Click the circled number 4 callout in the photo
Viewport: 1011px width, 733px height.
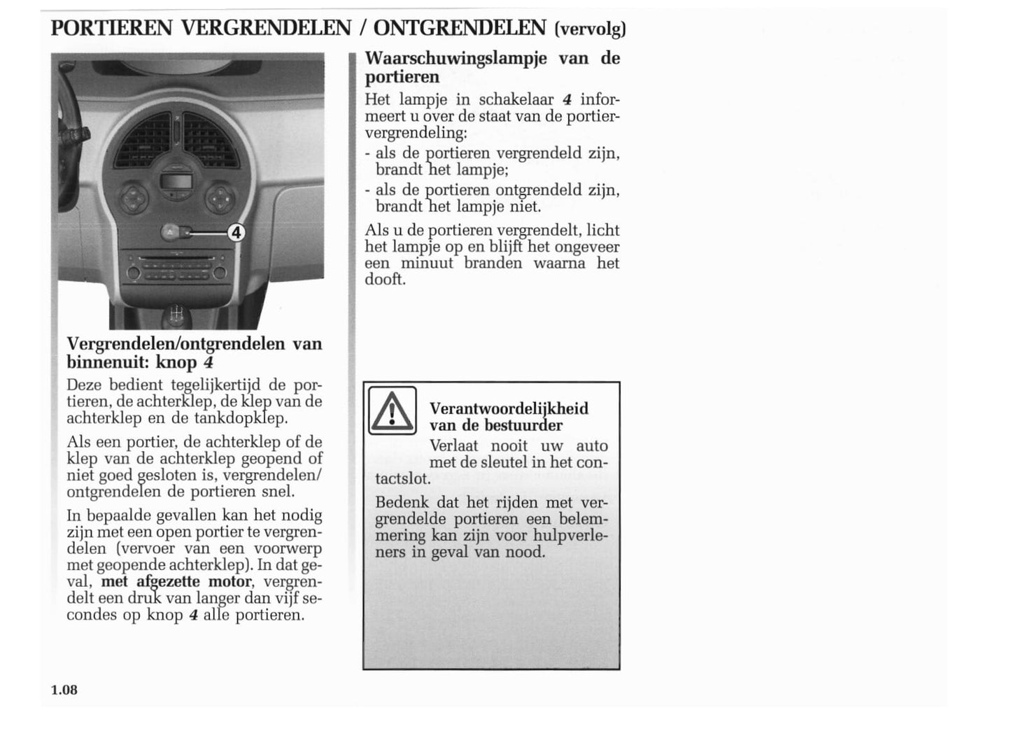236,232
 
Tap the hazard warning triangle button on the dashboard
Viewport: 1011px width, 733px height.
171,232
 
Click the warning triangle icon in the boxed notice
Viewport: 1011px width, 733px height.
392,411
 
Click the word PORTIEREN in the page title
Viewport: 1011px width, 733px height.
112,28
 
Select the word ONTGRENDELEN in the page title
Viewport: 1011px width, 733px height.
460,28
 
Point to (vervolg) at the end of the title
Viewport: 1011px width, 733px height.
590,29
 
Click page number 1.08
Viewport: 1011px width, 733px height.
64,690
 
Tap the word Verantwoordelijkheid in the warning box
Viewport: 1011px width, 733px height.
509,408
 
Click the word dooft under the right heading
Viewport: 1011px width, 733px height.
384,279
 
